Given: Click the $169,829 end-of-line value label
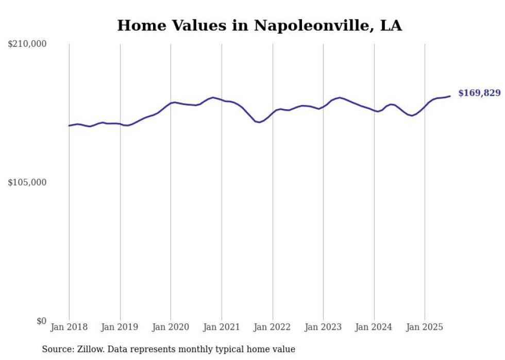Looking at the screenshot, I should (479, 93).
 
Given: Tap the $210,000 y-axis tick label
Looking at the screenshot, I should (27, 44).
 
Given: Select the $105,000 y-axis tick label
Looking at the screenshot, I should (27, 182).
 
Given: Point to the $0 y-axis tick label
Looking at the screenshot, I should (41, 321).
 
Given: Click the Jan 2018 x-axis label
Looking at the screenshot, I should (69, 327).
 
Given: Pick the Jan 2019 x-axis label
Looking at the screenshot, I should (120, 327).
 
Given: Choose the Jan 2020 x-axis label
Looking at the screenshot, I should (171, 327).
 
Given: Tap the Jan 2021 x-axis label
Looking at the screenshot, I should (222, 327).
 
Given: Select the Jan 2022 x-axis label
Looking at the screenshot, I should (273, 327).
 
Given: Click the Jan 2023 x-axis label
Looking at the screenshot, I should (323, 327).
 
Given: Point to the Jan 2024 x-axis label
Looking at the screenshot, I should (374, 327).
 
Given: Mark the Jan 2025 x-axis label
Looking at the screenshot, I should (425, 327).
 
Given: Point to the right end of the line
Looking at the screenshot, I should (450, 96).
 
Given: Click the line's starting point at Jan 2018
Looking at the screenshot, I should (69, 126).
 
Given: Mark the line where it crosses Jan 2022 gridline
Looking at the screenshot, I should (273, 111).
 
